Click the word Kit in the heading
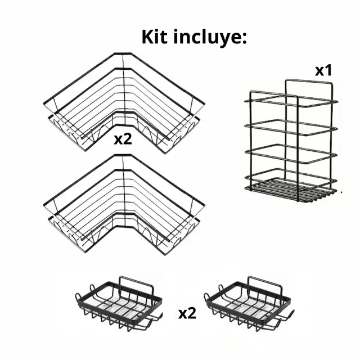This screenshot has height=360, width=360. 154,37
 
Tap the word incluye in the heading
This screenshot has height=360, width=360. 205,38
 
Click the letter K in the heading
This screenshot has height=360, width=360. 148,37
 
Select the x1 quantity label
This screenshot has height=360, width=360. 323,70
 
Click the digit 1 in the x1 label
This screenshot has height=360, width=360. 328,70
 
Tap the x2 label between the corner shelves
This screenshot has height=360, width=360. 123,139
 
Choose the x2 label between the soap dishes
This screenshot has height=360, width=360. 187,313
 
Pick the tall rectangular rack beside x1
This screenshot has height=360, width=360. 291,141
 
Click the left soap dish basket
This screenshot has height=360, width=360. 119,304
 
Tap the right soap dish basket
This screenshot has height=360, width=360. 249,304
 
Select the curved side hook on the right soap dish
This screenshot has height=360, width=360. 290,316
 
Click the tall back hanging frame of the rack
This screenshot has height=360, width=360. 309,80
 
